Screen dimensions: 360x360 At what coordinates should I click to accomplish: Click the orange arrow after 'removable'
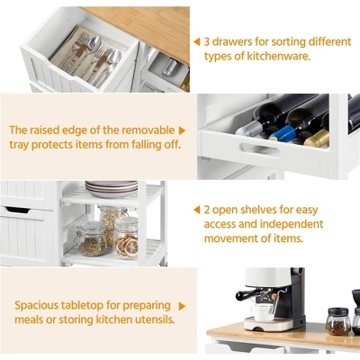click(x=182, y=130)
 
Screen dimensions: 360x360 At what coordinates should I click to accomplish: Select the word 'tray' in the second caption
click(x=22, y=146)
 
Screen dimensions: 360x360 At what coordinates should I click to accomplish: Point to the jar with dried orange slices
click(x=126, y=238)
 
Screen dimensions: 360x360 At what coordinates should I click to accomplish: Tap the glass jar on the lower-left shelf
click(x=92, y=239)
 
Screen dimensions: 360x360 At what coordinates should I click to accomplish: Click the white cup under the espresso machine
click(x=263, y=311)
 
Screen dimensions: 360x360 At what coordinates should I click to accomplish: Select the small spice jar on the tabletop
click(x=338, y=321)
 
